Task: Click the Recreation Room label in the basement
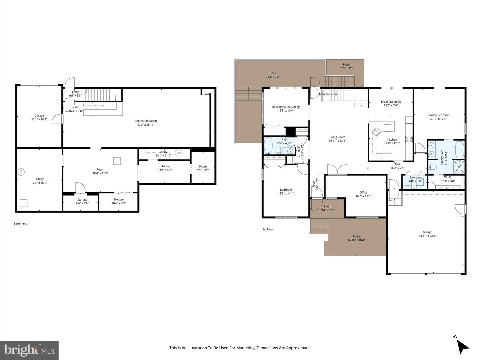pos(146,121)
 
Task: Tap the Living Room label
pos(337,137)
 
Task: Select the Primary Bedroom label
pos(438,115)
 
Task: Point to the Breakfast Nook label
pos(391,102)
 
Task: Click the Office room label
pos(363,192)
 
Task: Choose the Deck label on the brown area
pos(273,73)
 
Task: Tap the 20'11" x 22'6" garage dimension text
pos(427,236)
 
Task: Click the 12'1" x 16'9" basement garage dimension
pos(39,119)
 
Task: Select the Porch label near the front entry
pos(327,206)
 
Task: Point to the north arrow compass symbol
pos(463,346)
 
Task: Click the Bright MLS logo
pos(29,350)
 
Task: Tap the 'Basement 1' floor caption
pos(21,224)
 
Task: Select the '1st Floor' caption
pos(268,229)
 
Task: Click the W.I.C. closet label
pos(447,177)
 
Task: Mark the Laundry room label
pos(415,177)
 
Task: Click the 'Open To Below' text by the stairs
pos(327,94)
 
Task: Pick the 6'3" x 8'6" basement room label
pos(203,170)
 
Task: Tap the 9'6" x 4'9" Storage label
pos(82,203)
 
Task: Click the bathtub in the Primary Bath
pos(459,149)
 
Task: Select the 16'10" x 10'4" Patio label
pos(356,240)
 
